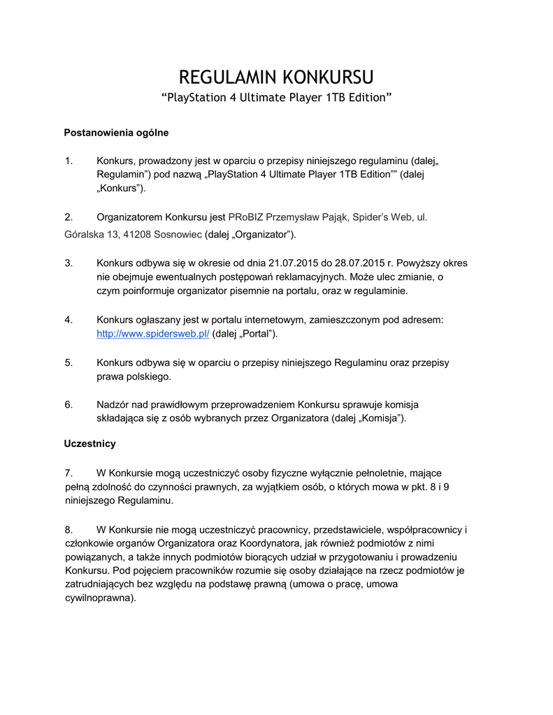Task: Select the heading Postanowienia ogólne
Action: tap(116, 132)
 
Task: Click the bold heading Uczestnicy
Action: tap(89, 443)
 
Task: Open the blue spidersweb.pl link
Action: tap(153, 334)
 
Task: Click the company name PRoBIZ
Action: tap(245, 217)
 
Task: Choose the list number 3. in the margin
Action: tap(69, 263)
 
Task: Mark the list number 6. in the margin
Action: tap(69, 404)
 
